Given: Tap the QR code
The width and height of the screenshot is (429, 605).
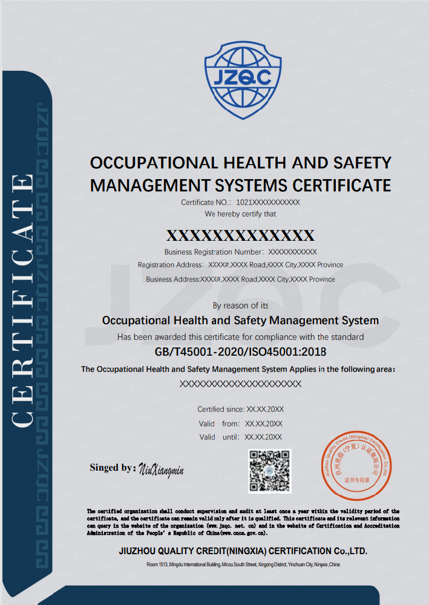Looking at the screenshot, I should pos(270,471).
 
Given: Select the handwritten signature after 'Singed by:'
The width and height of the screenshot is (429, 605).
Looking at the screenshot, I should pos(161,469).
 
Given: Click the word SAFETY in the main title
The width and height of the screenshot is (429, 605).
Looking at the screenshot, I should pos(362,163).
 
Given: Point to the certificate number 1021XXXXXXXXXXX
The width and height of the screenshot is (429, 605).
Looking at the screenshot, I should pos(268,203).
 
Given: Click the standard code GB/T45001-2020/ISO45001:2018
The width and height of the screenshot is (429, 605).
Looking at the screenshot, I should pos(241,352).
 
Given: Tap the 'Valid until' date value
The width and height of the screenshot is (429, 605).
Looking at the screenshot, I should pos(263,437).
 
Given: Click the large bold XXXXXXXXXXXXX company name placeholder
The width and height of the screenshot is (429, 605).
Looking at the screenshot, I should pos(240,235).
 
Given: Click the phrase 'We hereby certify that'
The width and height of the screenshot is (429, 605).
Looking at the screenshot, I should pos(241,214).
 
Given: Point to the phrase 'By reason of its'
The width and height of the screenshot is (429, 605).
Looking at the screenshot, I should pos(241,306).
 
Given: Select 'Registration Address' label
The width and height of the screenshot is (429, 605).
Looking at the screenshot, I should pos(170,265).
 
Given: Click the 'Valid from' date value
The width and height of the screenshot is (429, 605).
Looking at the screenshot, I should pos(264,423).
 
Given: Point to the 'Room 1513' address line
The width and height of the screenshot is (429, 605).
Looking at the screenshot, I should pos(244,564).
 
